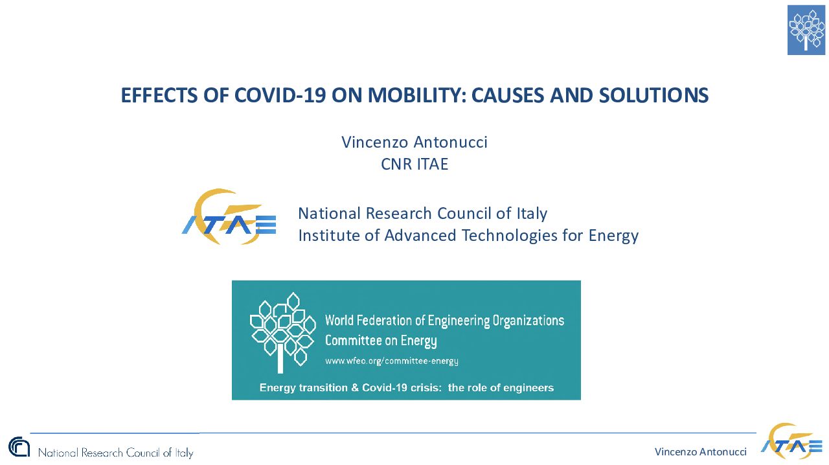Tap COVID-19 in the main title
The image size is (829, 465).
coord(280,95)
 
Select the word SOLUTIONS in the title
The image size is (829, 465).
coord(653,95)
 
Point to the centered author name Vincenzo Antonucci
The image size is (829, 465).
coord(414,142)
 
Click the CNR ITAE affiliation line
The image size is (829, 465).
coord(414,164)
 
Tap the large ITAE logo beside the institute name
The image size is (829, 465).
coord(229,216)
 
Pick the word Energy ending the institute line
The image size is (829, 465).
coord(613,236)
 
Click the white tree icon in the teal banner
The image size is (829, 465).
coord(283,332)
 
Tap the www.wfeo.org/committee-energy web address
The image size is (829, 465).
coord(392,361)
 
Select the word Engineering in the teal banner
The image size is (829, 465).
coord(459,321)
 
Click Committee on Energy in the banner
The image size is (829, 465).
coord(381,341)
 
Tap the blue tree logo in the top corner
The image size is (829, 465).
coord(806,30)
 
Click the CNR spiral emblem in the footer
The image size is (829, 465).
coord(19,447)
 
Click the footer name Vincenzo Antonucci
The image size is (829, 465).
coord(701,452)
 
